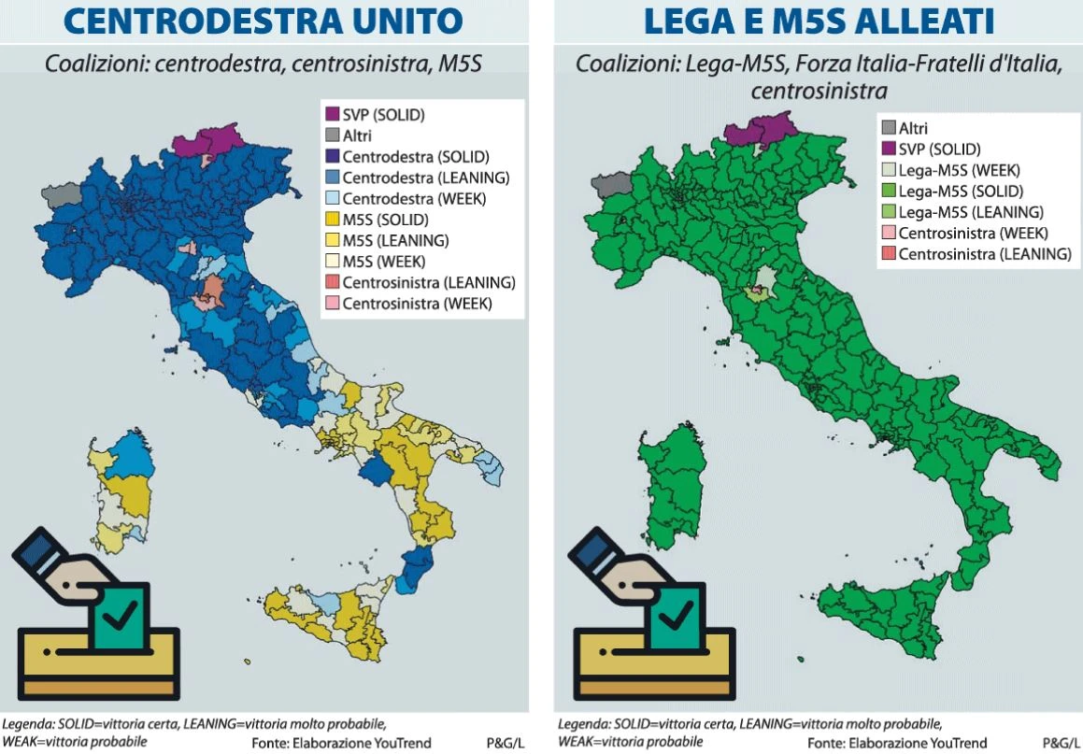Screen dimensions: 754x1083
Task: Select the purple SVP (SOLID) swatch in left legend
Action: (331, 115)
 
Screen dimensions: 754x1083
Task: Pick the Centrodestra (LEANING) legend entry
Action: (412, 178)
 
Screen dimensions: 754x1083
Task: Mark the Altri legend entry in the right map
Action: (913, 128)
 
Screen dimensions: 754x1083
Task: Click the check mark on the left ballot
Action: (121, 615)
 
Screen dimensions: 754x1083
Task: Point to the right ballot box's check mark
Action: (677, 615)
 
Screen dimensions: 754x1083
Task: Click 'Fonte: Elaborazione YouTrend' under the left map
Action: (341, 743)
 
